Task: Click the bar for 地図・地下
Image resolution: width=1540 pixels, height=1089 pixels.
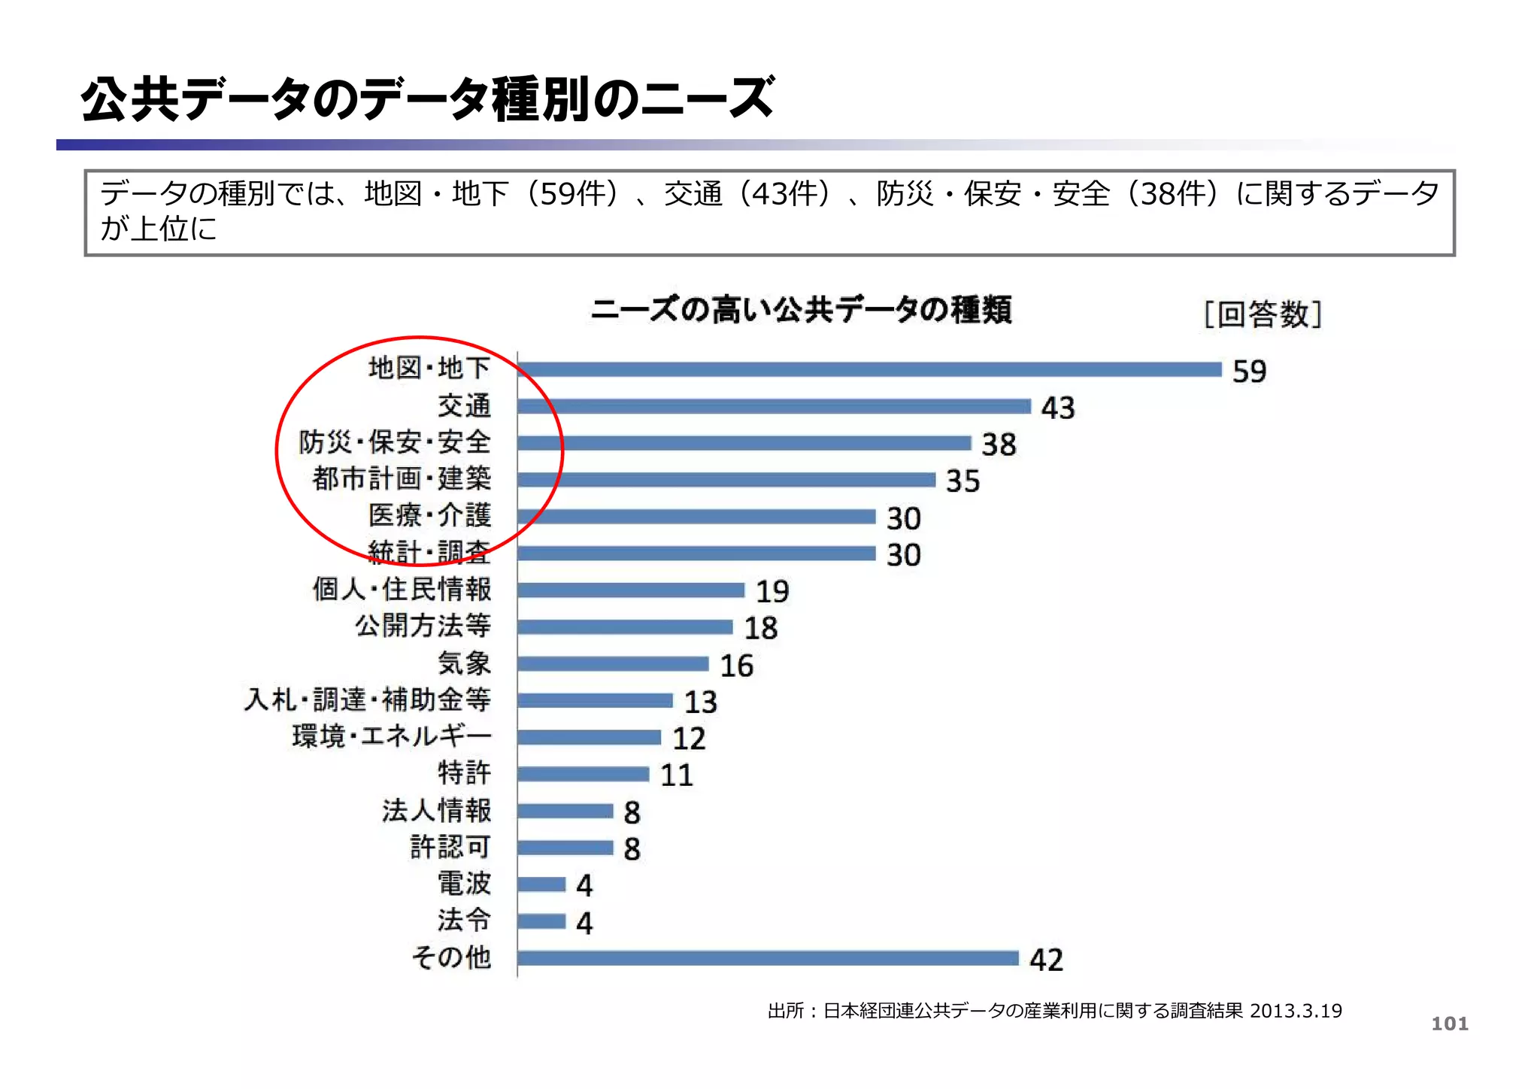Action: click(x=869, y=369)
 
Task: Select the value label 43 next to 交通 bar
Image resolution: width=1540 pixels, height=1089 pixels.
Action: click(x=1058, y=408)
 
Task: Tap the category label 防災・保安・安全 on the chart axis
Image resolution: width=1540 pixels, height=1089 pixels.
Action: click(x=395, y=442)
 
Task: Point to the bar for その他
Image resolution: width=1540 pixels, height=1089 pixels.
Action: click(x=767, y=958)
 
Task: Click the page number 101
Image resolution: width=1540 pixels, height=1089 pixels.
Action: click(x=1449, y=1024)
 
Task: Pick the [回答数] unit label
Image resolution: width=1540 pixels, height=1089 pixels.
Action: click(x=1263, y=314)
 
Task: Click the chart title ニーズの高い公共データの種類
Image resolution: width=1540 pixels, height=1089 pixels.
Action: click(x=801, y=310)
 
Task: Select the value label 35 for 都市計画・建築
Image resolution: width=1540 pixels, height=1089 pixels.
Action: click(x=962, y=481)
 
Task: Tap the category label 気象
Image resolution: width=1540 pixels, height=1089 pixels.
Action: click(x=464, y=663)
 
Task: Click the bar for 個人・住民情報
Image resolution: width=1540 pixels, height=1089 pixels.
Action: click(x=630, y=590)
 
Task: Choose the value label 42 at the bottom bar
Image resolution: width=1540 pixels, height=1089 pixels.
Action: click(x=1046, y=960)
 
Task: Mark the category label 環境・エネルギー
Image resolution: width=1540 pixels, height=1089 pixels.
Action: click(x=392, y=736)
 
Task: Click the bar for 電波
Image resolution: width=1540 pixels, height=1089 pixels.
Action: click(x=541, y=884)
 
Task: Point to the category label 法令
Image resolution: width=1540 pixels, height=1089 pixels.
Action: click(x=464, y=921)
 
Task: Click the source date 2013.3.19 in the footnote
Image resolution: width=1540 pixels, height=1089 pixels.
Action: click(x=1296, y=1011)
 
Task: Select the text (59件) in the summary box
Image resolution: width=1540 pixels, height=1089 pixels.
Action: click(x=571, y=194)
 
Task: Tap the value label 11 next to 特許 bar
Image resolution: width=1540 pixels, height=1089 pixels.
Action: click(x=676, y=775)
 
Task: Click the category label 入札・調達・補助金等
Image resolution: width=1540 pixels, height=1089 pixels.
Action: click(x=368, y=699)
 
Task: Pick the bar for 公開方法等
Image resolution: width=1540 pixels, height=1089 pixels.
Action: click(x=624, y=627)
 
